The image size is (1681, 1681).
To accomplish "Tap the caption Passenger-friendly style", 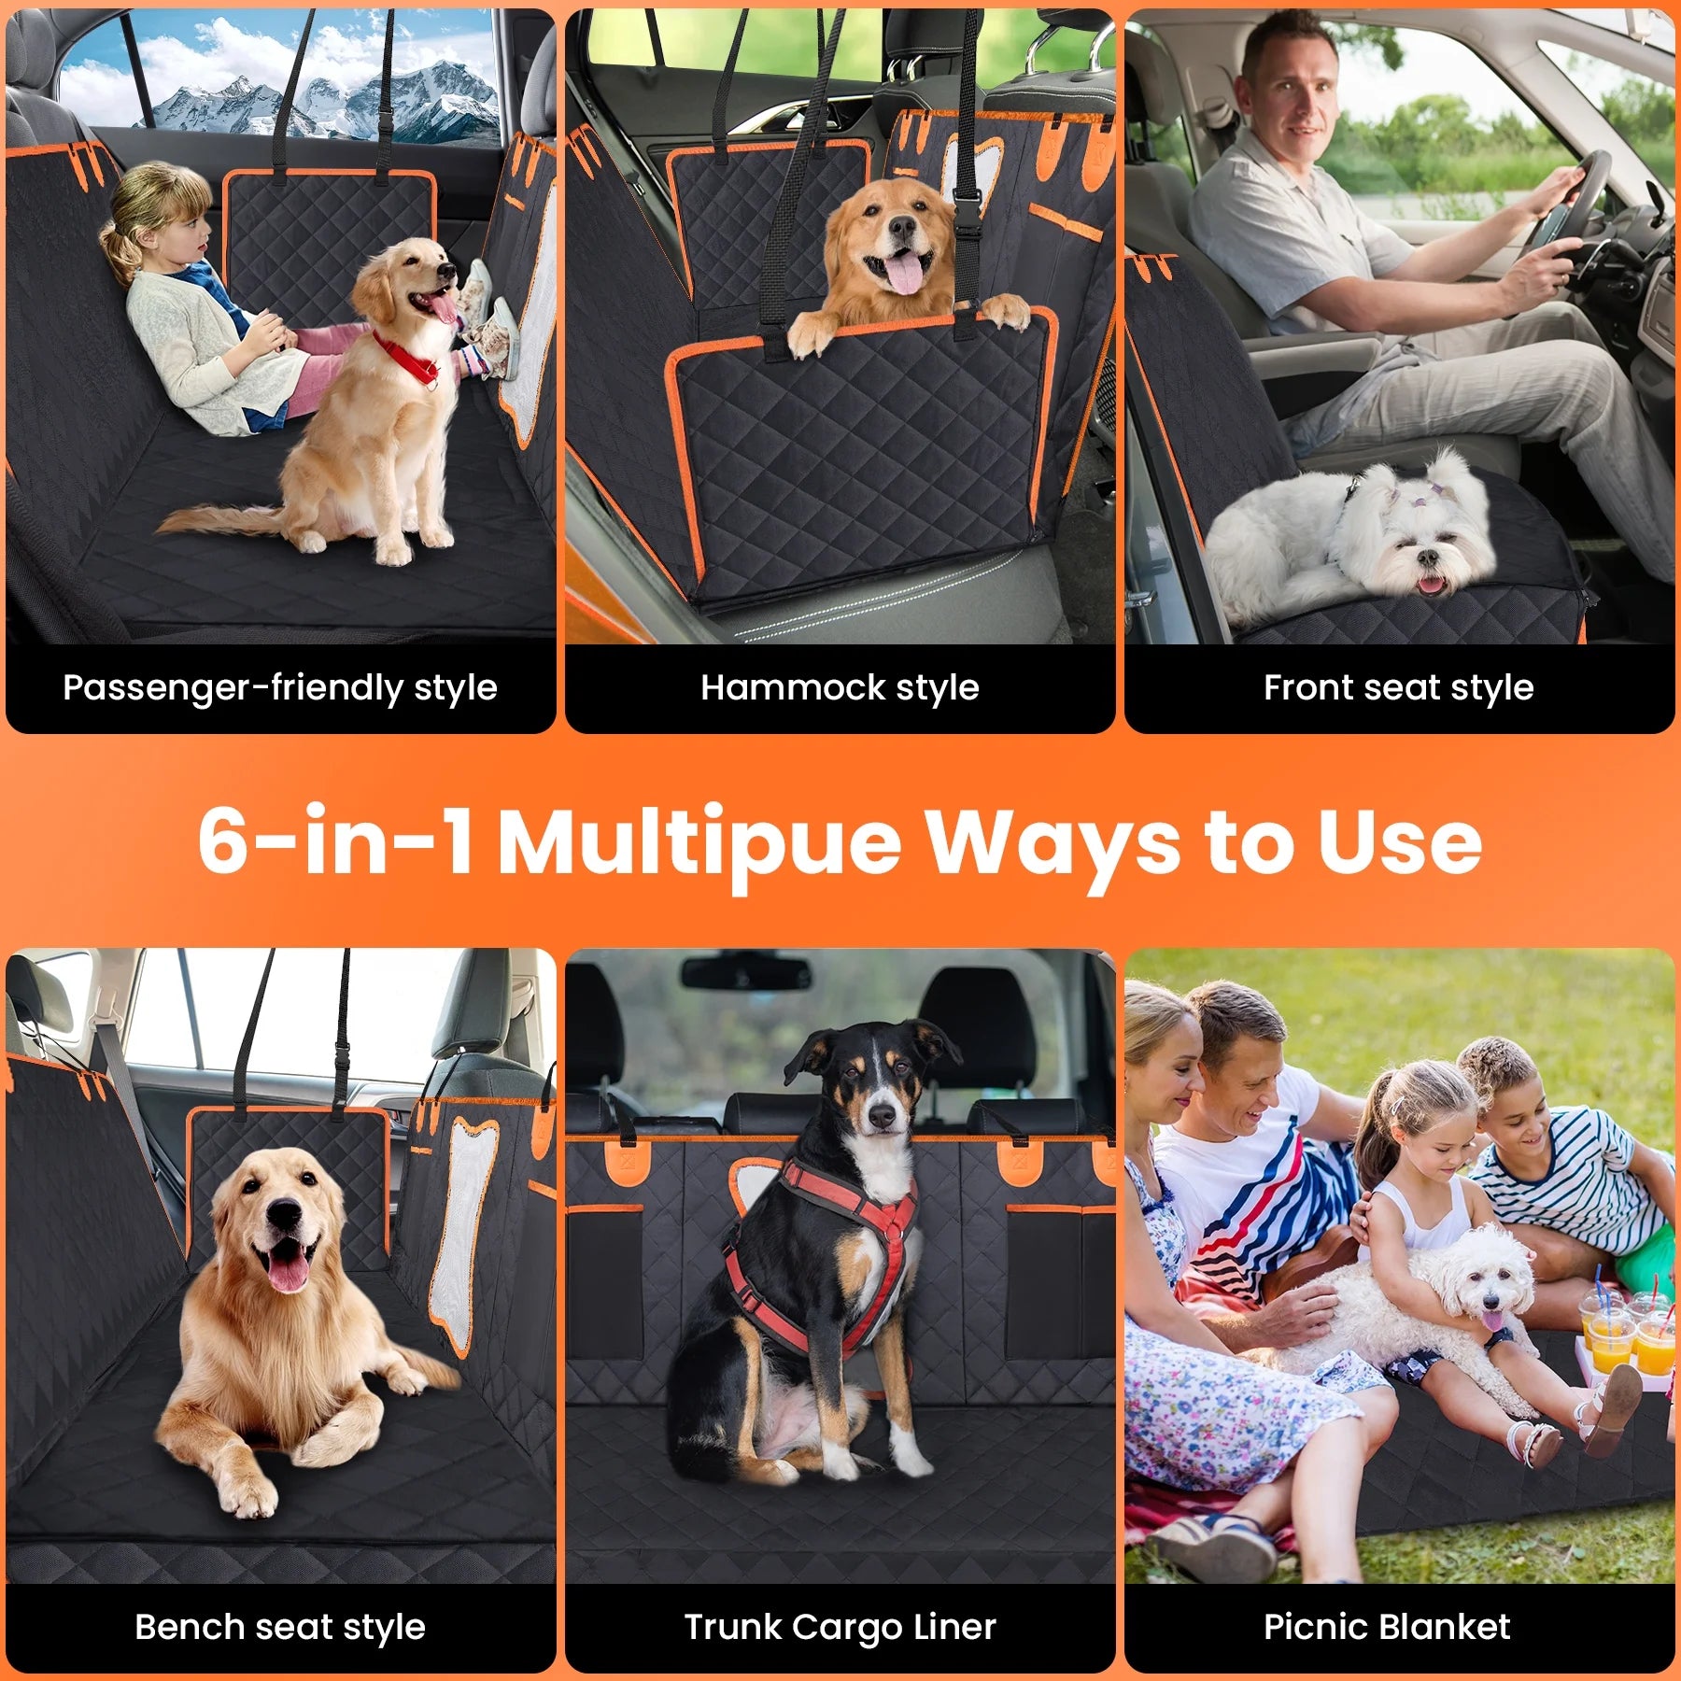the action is click(x=280, y=688).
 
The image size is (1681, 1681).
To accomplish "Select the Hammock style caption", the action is click(x=840, y=688).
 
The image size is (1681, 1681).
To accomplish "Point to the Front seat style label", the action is click(x=1398, y=688).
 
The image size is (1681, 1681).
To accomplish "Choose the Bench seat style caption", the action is click(x=280, y=1627).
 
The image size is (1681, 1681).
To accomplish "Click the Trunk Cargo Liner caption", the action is click(x=840, y=1627).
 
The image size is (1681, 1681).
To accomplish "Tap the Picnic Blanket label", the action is click(x=1387, y=1626).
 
